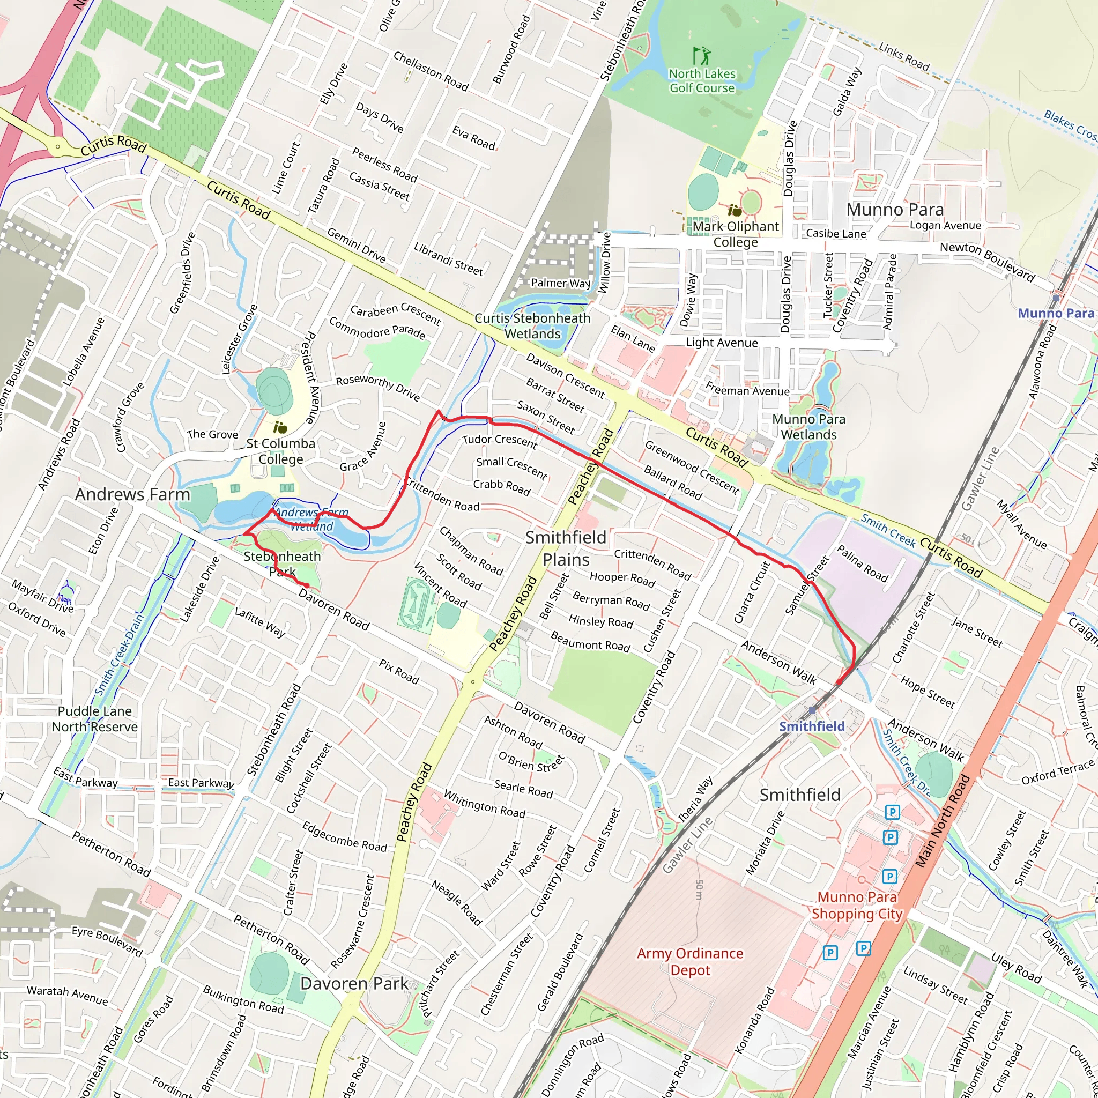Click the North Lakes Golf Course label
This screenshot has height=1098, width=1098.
702,81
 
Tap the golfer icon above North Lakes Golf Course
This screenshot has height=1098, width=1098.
702,56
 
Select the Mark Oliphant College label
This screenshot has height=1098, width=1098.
736,234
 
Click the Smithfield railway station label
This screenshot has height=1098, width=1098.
812,726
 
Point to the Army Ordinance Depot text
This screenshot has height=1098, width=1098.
690,962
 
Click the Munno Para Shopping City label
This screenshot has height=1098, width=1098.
857,906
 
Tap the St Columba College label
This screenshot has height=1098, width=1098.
281,451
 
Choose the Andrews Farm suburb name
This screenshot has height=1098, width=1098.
132,494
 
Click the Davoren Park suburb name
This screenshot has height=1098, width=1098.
353,983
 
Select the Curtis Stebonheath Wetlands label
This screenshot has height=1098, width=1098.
532,325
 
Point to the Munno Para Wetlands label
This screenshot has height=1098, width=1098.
808,427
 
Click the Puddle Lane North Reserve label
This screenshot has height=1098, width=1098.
94,719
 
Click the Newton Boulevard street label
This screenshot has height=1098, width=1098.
987,262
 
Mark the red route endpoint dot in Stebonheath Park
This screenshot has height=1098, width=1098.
306,585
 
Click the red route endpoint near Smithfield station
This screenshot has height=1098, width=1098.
839,682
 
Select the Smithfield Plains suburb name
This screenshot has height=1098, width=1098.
566,548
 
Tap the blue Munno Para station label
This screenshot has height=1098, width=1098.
1055,313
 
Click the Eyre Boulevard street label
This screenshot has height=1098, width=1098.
107,941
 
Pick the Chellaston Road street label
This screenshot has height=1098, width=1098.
431,72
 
